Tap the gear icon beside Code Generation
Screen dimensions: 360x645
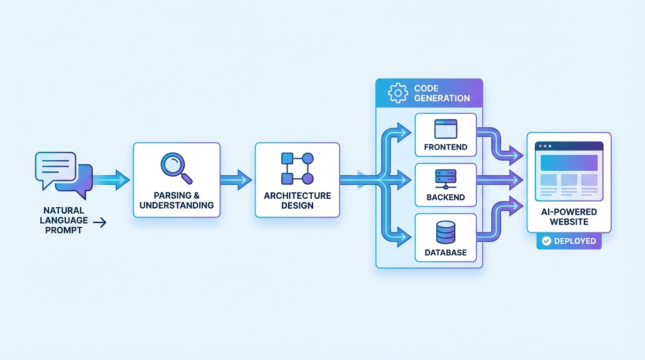(398, 93)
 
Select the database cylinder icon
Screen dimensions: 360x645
(445, 232)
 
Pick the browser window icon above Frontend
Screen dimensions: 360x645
(445, 129)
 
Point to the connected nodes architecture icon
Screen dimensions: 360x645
(297, 168)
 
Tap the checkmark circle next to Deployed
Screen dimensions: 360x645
(546, 241)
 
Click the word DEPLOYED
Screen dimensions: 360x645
(575, 241)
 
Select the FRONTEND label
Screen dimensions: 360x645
(445, 147)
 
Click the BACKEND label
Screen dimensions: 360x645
(445, 197)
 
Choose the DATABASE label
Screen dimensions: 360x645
(445, 252)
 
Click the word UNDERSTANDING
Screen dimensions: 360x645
(176, 205)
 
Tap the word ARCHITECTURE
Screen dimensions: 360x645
(297, 195)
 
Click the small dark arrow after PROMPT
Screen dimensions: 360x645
(99, 223)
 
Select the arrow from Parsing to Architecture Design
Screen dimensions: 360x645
(236, 180)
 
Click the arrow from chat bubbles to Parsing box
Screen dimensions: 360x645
(112, 180)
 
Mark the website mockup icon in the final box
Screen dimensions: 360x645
(569, 171)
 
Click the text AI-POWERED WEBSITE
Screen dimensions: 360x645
(569, 217)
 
